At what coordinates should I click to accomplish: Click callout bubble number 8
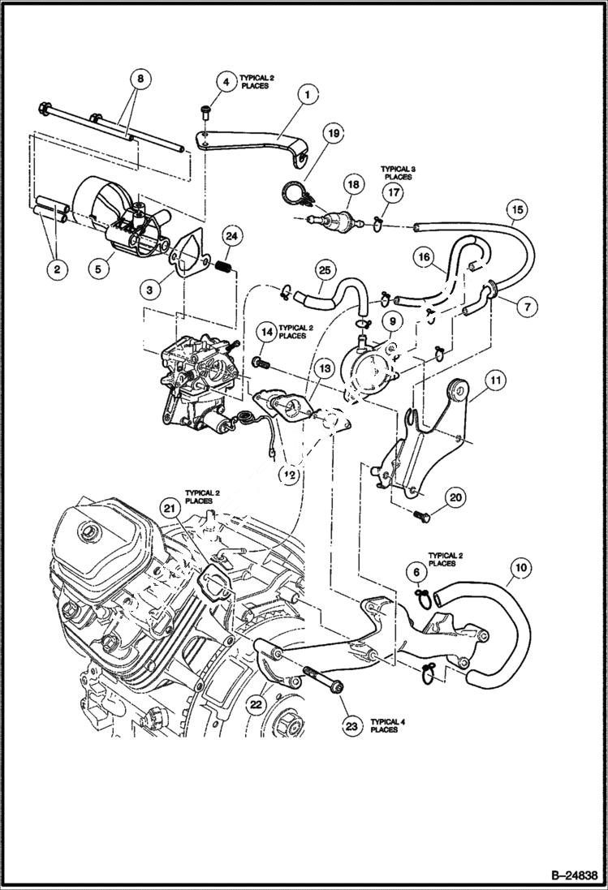(x=140, y=80)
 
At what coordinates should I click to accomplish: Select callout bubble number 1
(x=307, y=95)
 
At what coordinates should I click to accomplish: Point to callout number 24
(x=231, y=237)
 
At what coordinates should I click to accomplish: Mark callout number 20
(x=455, y=497)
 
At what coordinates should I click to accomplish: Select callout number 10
(x=520, y=569)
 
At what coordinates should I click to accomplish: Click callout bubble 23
(x=351, y=726)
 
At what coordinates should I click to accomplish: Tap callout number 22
(x=255, y=705)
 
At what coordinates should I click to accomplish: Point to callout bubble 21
(x=169, y=508)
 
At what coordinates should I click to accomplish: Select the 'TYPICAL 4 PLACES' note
(x=384, y=724)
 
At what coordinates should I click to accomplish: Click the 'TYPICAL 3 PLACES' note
(x=396, y=172)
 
